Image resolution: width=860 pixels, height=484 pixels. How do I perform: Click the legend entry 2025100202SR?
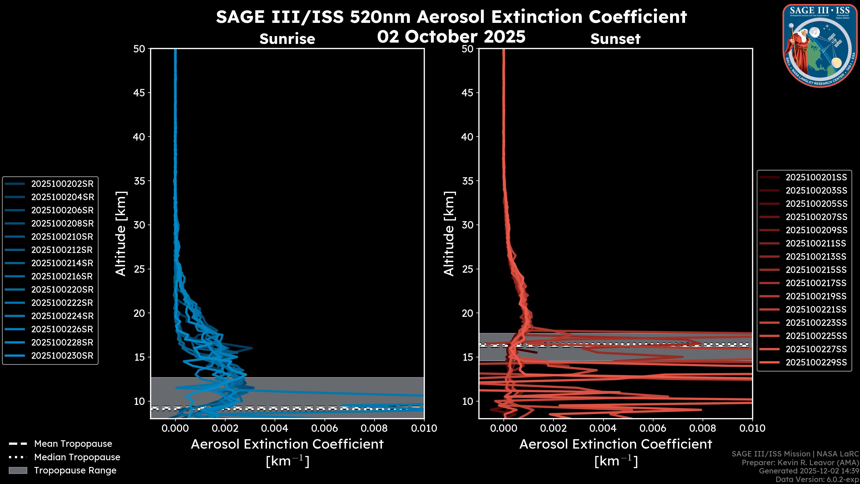tap(62, 184)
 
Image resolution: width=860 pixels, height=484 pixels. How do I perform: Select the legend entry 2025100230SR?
tap(62, 356)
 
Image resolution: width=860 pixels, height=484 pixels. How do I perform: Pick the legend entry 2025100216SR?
tap(62, 276)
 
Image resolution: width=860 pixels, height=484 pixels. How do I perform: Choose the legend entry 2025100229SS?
tap(816, 362)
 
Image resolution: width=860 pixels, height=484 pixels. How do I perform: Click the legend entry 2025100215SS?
tap(816, 270)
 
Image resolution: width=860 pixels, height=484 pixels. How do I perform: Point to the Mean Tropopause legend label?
tap(73, 444)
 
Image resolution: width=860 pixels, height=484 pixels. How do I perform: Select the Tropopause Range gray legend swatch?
tap(18, 470)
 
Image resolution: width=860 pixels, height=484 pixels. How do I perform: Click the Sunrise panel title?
tap(287, 39)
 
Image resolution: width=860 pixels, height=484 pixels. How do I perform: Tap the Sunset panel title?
tap(615, 39)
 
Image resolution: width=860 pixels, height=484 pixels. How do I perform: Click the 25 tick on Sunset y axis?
tap(468, 269)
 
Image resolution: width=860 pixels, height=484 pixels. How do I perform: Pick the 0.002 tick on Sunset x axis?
tap(553, 428)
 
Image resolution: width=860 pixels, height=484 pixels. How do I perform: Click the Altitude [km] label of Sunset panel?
tap(449, 234)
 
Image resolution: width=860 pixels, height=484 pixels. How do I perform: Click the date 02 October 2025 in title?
tap(451, 37)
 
